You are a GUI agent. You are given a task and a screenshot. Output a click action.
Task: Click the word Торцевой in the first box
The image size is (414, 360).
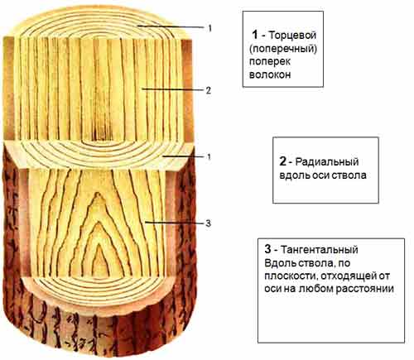pos(292,36)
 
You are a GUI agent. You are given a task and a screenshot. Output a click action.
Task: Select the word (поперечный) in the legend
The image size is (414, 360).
pos(283,49)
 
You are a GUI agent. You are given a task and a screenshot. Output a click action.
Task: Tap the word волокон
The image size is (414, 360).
pos(270,74)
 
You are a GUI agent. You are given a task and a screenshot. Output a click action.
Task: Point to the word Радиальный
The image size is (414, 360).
pos(327,161)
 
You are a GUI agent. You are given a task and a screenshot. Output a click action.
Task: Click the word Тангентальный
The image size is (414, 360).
pos(320,250)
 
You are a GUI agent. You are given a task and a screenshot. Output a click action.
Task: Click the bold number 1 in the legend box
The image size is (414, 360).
pos(255,35)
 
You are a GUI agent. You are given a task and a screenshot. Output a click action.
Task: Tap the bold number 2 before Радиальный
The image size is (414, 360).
pos(282,161)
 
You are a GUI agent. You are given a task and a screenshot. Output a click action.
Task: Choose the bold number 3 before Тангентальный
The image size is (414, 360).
pos(267,249)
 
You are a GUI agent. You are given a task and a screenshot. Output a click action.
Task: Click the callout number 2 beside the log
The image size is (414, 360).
pos(209,90)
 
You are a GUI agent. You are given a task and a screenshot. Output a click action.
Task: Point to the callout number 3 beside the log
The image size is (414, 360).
pos(209,223)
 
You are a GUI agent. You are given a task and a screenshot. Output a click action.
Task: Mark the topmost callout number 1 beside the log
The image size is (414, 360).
pos(209,28)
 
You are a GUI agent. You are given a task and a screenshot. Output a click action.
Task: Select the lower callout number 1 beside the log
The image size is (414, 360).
pos(209,157)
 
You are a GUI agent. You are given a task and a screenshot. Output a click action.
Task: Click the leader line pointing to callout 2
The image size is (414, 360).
pos(173,89)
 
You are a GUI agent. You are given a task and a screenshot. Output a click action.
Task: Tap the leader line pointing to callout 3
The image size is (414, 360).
pos(175,223)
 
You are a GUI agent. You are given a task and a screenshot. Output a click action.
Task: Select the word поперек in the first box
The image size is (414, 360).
pos(270,62)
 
